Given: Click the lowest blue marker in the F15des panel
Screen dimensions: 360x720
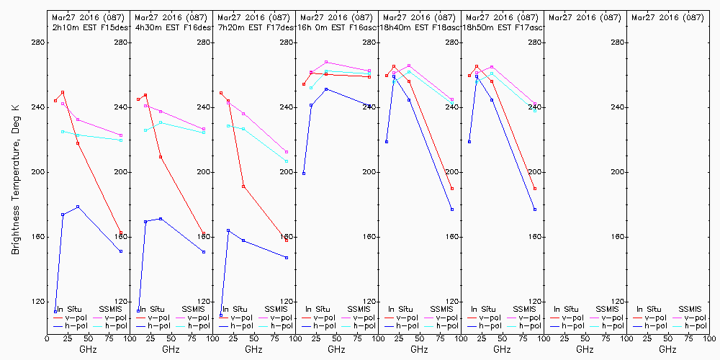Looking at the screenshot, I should click(x=55, y=311).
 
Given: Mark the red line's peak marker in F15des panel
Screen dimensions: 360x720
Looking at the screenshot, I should click(x=63, y=92).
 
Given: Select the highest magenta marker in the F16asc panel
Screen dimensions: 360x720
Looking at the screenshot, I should click(x=326, y=62).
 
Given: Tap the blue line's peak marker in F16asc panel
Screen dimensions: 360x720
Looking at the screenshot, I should click(x=326, y=89).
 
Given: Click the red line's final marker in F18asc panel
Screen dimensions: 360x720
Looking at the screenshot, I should click(x=452, y=189).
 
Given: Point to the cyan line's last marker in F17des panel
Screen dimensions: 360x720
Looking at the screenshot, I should click(x=287, y=161).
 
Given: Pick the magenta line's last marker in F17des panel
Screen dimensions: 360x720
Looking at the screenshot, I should click(x=287, y=152).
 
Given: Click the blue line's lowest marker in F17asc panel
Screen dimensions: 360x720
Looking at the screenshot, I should click(x=535, y=210).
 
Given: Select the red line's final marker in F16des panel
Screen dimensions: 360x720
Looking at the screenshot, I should click(x=204, y=233).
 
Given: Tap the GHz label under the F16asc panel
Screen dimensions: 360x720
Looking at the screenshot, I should click(x=336, y=349).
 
